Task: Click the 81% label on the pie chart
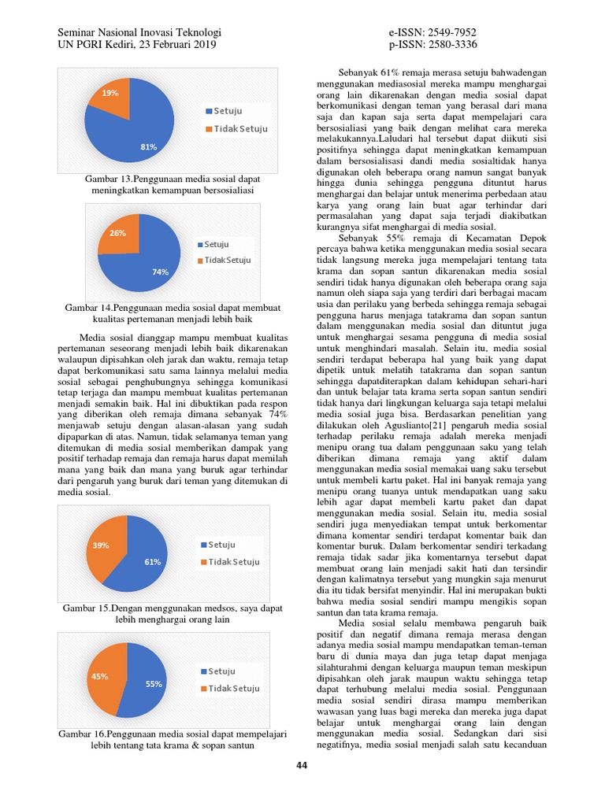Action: (x=148, y=146)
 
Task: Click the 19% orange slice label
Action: (x=110, y=93)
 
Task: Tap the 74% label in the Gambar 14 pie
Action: (x=161, y=272)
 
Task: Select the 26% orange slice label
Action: (x=117, y=233)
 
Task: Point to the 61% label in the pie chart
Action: (x=152, y=561)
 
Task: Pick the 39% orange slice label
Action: (x=101, y=545)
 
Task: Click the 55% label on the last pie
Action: (x=154, y=684)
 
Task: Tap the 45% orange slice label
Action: (x=100, y=676)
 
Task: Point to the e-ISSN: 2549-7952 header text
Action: (x=432, y=32)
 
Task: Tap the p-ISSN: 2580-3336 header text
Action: (x=432, y=44)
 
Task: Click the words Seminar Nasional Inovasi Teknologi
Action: (x=139, y=32)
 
